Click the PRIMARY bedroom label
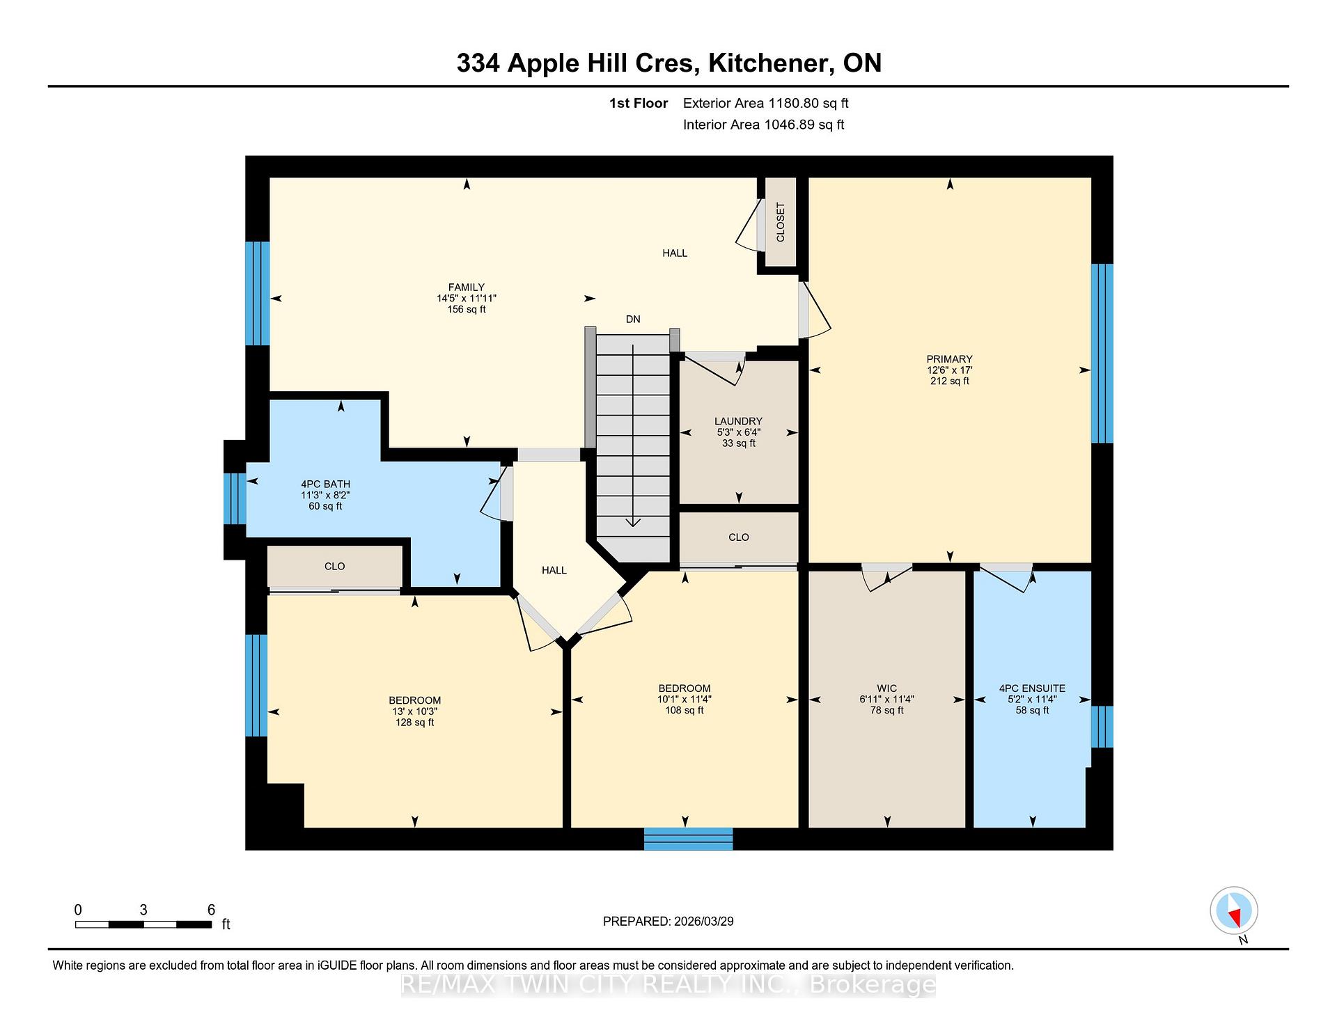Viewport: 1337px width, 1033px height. [x=949, y=359]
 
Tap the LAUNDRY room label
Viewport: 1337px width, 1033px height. [x=738, y=421]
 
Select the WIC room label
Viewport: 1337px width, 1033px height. [x=887, y=688]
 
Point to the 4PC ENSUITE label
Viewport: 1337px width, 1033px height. [x=1032, y=688]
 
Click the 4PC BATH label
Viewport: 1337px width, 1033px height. [x=325, y=484]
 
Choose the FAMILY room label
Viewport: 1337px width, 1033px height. [x=467, y=287]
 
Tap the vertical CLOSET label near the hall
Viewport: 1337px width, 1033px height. [x=781, y=222]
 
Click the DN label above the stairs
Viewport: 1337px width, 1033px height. [x=633, y=320]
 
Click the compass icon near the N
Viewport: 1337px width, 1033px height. [x=1234, y=910]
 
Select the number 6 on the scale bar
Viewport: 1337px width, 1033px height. [x=211, y=910]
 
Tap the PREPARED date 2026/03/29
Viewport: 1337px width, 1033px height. [x=704, y=922]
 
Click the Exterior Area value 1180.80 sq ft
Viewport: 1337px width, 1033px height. [x=808, y=104]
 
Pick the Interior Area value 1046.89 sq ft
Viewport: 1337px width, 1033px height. [x=804, y=125]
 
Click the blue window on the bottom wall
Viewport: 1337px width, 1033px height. [x=688, y=839]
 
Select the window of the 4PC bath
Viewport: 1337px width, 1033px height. [x=235, y=498]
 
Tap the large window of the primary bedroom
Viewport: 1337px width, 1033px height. [x=1102, y=354]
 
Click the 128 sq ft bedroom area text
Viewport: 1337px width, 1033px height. [x=415, y=723]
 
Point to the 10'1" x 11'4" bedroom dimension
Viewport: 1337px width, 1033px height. [x=685, y=700]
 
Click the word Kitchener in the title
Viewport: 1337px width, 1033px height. [x=769, y=63]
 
